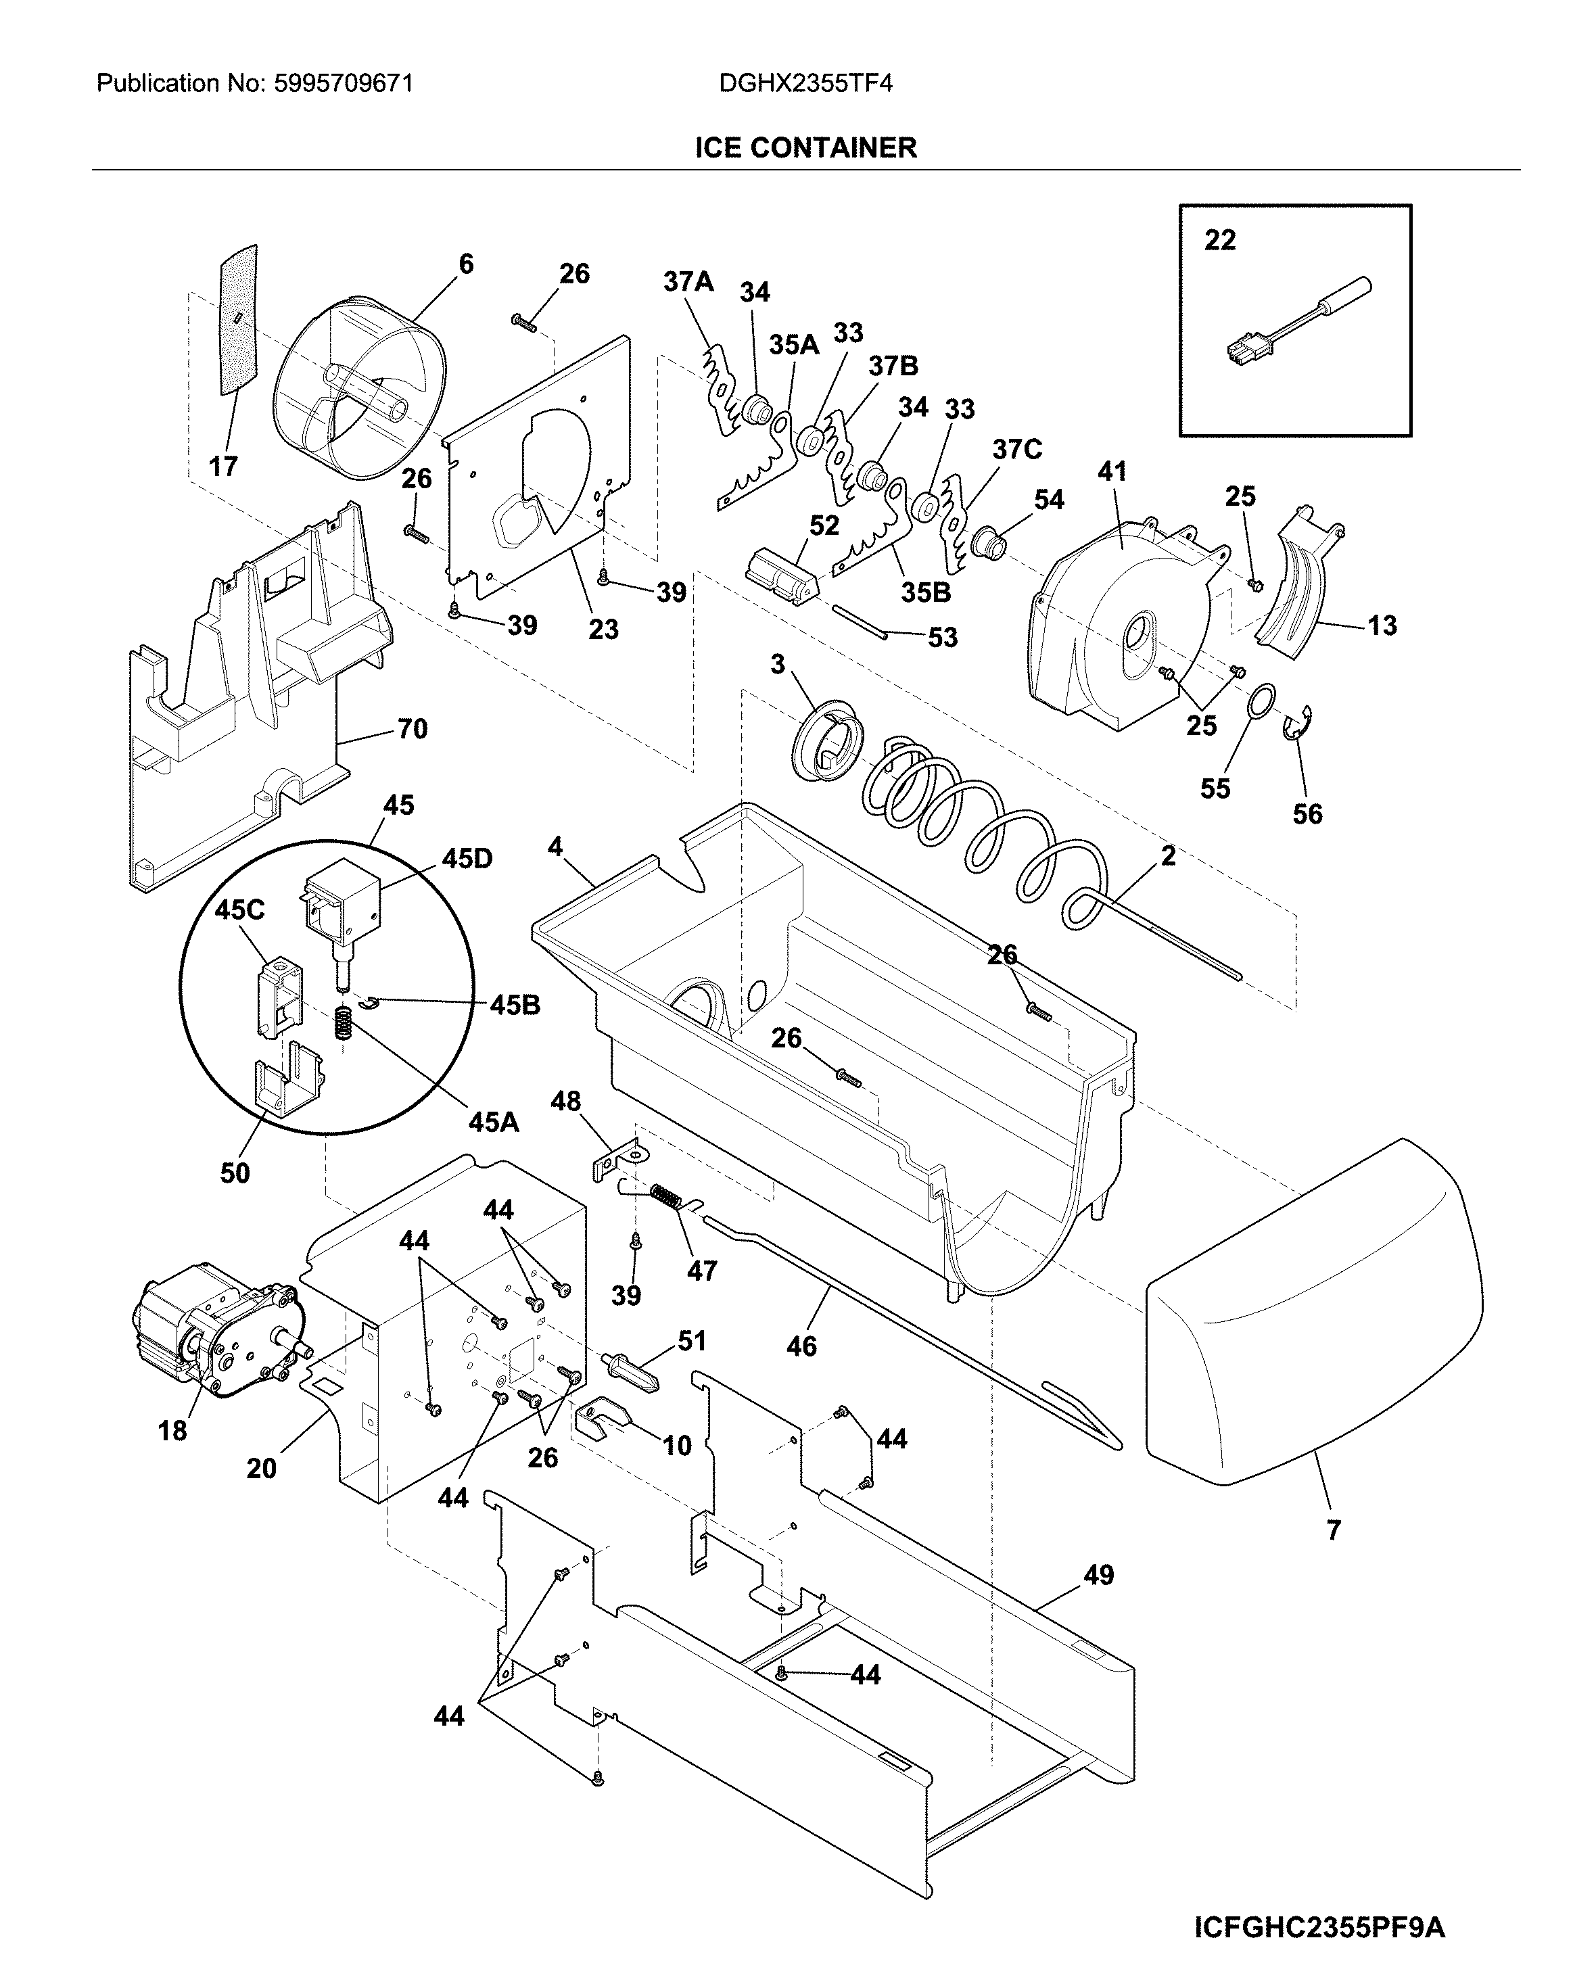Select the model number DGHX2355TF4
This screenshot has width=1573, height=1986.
coord(806,85)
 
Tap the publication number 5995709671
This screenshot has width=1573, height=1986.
coord(344,85)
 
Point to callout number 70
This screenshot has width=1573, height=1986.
coord(412,729)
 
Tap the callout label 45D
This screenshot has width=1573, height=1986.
coord(467,858)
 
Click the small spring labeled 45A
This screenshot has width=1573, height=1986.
coord(344,1022)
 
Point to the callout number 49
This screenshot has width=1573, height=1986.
coord(1098,1576)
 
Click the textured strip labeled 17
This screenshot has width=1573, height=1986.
coord(239,321)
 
